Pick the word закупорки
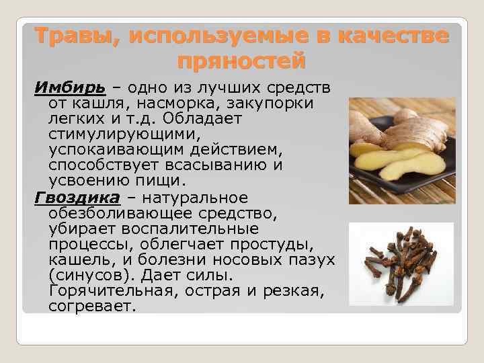tap(276, 104)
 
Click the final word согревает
tap(92, 307)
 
